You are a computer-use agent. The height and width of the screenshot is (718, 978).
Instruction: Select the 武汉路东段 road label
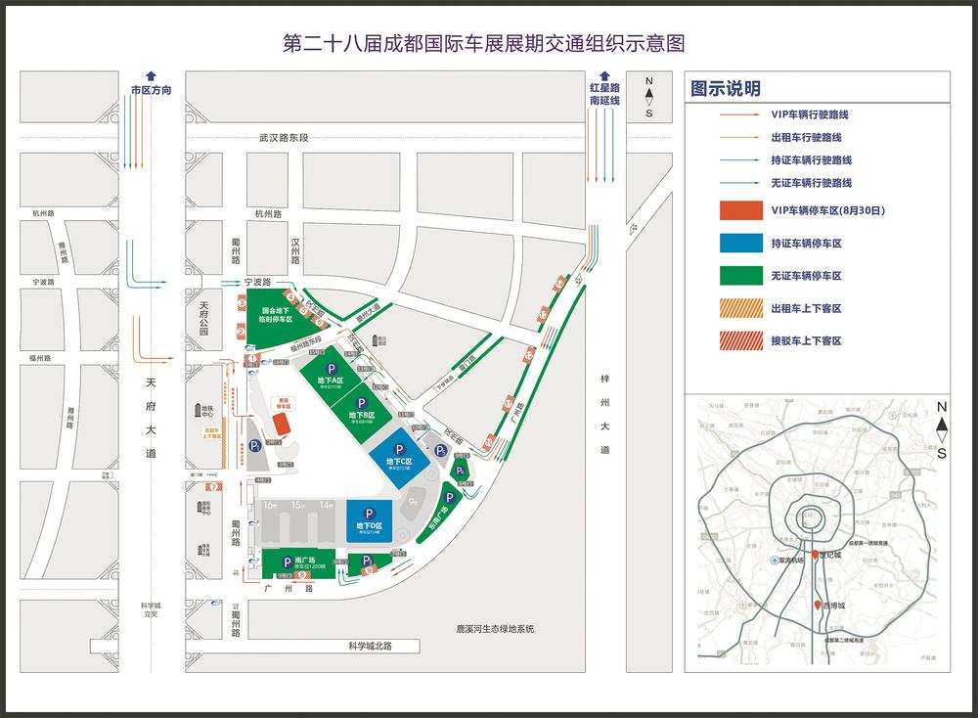(284, 138)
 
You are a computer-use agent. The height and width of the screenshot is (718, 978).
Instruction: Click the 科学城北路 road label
(357, 646)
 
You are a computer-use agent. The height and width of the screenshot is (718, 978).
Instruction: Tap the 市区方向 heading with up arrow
(151, 89)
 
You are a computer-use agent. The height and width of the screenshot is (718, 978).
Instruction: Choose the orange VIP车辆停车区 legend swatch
(739, 210)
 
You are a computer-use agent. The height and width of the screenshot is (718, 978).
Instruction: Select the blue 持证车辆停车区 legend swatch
(739, 244)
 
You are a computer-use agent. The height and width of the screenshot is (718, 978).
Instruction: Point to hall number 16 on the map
(270, 505)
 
